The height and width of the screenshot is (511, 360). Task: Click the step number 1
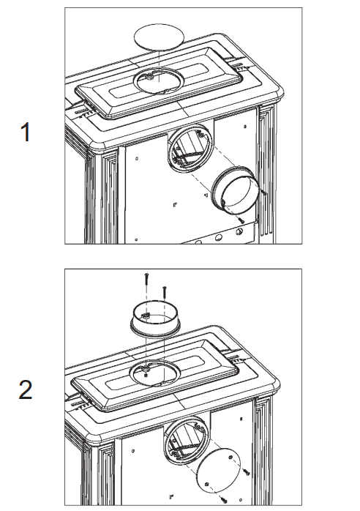pos(26,132)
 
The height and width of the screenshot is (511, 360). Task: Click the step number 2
pos(26,389)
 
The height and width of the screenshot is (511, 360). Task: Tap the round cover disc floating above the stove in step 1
pos(159,37)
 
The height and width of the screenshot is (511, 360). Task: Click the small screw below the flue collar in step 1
pos(241,220)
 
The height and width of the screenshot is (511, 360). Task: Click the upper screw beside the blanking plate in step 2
pos(247,471)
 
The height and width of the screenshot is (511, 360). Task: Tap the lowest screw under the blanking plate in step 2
pos(223,499)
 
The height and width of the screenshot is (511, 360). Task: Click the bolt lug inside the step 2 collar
pos(146,315)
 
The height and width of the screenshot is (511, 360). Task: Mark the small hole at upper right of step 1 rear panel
pos(245,127)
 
